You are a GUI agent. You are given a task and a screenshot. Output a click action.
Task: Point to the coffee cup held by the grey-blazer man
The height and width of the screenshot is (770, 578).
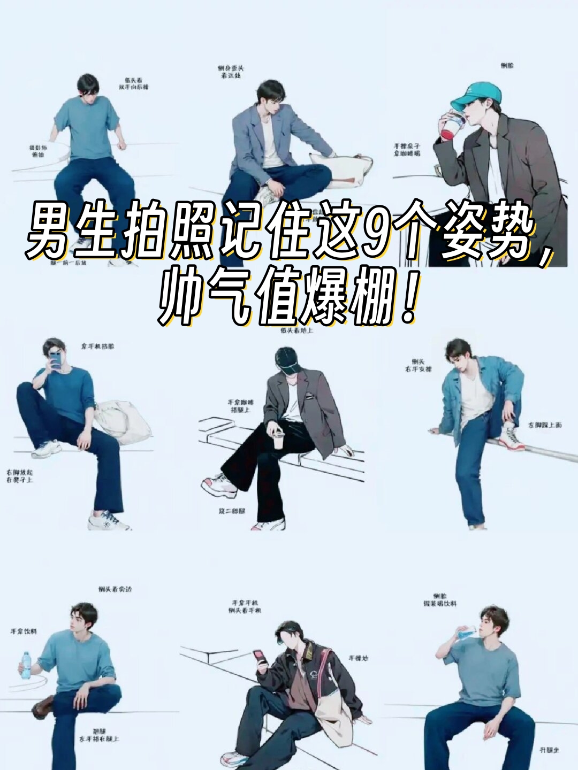278,441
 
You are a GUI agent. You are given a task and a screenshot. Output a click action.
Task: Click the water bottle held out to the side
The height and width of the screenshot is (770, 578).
25,665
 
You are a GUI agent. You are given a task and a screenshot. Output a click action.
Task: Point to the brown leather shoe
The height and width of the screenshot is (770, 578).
43,707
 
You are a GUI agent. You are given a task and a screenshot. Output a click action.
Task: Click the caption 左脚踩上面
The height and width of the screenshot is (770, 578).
545,425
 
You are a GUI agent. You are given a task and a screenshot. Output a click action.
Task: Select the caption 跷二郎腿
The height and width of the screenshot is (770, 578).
232,511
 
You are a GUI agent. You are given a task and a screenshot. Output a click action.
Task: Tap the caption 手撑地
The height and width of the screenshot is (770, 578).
358,658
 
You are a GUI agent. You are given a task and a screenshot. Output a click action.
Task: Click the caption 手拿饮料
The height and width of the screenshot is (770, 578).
24,632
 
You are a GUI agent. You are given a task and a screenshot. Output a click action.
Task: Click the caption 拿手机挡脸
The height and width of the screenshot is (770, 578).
97,346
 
